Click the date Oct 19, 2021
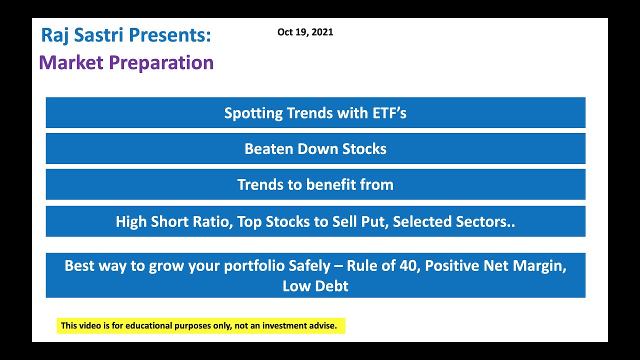pyautogui.click(x=305, y=32)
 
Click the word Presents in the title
pyautogui.click(x=169, y=35)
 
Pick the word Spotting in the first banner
pyautogui.click(x=253, y=113)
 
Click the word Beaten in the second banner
pyautogui.click(x=268, y=149)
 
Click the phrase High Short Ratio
pyautogui.click(x=173, y=221)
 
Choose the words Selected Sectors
pyautogui.click(x=453, y=221)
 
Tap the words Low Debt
pyautogui.click(x=315, y=286)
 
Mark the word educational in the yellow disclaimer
pyautogui.click(x=148, y=326)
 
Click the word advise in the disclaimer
pyautogui.click(x=323, y=326)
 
